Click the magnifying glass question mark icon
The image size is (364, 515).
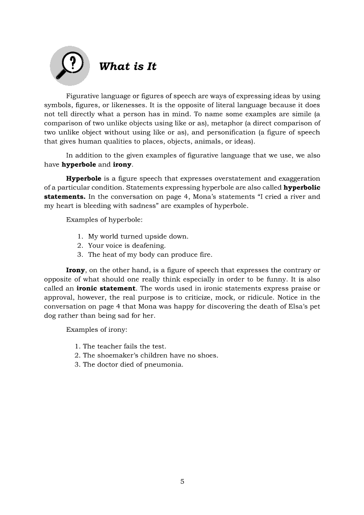[70, 66]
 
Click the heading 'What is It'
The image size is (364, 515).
[127, 67]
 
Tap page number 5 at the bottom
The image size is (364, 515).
[182, 481]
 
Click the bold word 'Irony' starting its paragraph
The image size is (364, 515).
[75, 270]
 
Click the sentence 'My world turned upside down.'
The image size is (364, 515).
[138, 236]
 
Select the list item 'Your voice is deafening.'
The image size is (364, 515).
[127, 245]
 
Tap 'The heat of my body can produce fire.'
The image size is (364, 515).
[150, 255]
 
